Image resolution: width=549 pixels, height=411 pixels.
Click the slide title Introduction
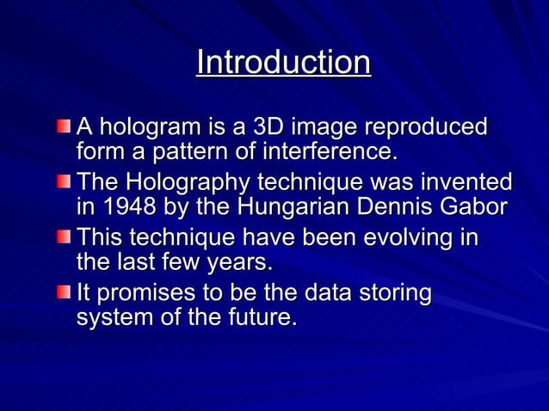click(x=283, y=63)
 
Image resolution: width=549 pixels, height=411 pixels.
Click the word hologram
click(x=145, y=128)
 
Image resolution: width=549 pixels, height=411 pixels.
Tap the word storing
click(x=392, y=293)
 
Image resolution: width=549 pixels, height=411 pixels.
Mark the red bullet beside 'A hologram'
click(x=65, y=127)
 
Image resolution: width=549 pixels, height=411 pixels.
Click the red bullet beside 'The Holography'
click(x=65, y=182)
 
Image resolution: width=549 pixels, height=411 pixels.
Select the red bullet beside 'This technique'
click(x=65, y=237)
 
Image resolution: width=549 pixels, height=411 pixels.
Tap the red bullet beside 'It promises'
click(x=65, y=293)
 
